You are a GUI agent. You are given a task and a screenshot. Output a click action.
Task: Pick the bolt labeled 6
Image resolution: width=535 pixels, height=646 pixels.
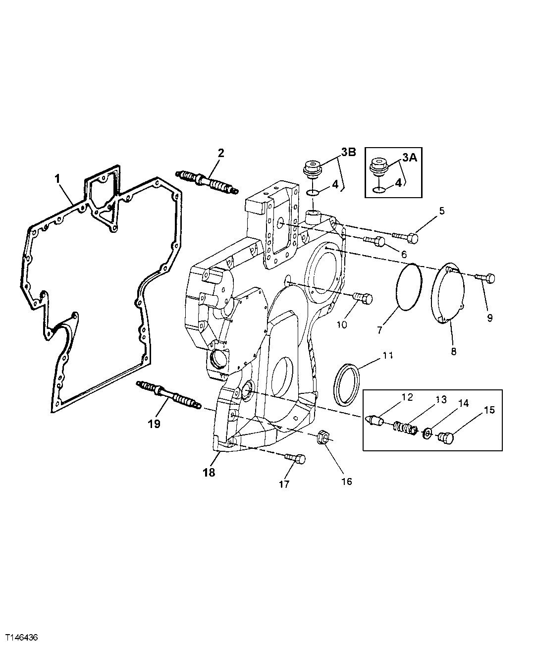coord(375,241)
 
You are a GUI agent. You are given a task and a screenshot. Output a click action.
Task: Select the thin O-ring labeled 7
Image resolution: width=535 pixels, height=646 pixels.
coord(410,287)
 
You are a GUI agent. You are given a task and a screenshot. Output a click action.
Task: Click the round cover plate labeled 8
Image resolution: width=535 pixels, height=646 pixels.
coord(449,292)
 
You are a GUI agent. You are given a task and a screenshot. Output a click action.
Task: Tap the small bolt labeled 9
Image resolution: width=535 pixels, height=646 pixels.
coord(484,278)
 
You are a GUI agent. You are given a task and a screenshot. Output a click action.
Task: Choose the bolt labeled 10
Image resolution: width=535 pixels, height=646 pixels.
coord(363,299)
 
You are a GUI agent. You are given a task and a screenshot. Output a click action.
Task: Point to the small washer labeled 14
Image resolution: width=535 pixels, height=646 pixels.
coord(427,434)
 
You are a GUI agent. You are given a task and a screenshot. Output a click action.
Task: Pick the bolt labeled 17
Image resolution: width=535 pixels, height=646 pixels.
coord(296,459)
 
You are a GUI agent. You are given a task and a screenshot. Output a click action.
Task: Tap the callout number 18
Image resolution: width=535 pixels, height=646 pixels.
coord(209,472)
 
